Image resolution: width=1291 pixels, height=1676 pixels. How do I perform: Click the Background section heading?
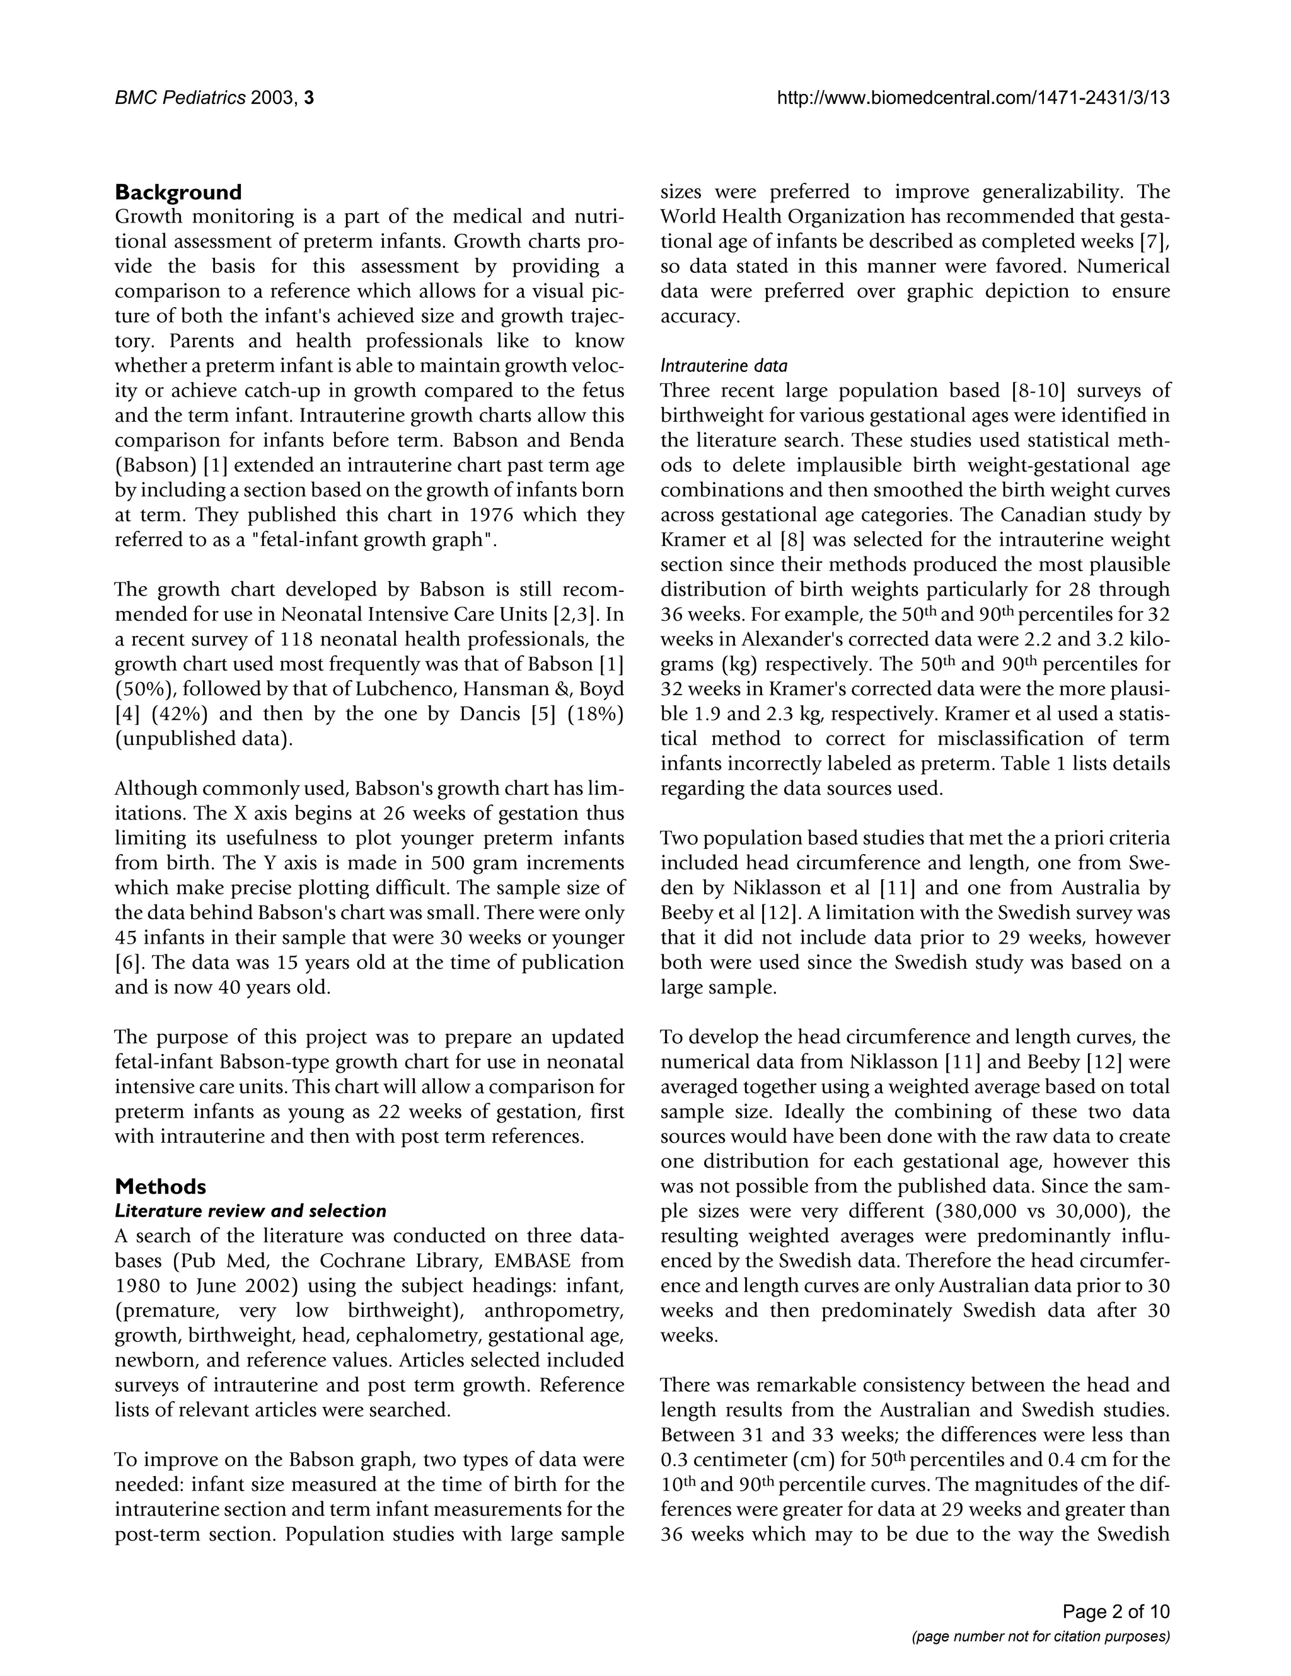[178, 192]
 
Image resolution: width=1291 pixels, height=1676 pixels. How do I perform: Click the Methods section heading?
[160, 1186]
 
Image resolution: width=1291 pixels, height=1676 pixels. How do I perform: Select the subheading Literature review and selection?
[250, 1211]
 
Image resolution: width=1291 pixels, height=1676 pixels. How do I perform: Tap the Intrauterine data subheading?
[724, 366]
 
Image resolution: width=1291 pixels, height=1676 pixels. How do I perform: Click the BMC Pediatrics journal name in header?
[180, 98]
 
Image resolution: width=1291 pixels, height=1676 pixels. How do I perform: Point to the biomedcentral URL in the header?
[973, 98]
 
